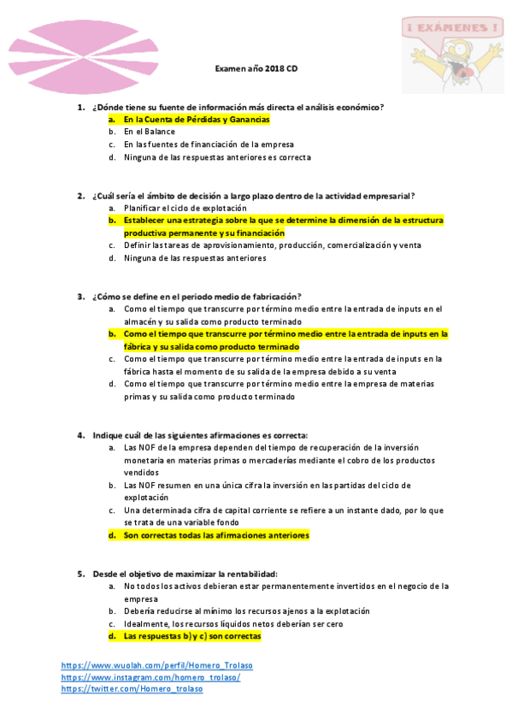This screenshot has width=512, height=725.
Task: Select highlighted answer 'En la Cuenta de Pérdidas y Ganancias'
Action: [x=197, y=120]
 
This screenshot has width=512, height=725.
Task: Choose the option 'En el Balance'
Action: [x=150, y=132]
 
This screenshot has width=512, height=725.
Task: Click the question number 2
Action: [x=80, y=195]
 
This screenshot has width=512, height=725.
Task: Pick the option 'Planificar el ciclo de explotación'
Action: [x=185, y=208]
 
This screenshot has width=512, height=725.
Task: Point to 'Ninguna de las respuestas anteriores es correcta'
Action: [x=217, y=157]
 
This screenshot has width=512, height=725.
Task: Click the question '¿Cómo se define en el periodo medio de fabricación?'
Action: [x=197, y=296]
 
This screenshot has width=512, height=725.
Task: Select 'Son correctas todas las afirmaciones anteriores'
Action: [x=216, y=535]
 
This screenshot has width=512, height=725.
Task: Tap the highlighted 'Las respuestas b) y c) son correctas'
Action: [x=192, y=637]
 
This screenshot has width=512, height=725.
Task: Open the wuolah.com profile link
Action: [x=156, y=665]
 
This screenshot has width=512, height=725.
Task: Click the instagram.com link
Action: [x=150, y=677]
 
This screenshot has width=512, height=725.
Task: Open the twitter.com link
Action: [x=132, y=689]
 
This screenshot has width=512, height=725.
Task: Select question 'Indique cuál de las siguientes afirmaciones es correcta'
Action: [x=200, y=434]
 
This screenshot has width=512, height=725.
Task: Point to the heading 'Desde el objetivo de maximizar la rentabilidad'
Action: [x=185, y=573]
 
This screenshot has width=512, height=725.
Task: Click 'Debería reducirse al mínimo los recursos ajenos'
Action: [x=247, y=611]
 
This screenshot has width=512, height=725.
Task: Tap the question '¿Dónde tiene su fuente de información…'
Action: [x=238, y=107]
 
